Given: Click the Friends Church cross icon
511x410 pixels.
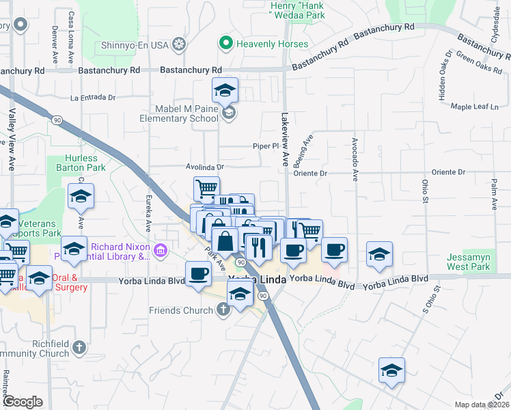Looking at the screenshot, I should tap(223, 310).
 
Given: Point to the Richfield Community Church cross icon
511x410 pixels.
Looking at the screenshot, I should tap(79, 348).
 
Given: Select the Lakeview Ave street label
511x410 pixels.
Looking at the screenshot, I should tap(285, 140).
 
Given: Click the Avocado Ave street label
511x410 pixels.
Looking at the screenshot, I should tap(355, 159).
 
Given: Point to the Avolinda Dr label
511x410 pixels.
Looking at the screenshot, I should tap(205, 166).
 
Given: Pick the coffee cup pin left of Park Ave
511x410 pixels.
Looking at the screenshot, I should tap(199, 274).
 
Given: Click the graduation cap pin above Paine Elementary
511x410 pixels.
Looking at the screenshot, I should tap(225, 89).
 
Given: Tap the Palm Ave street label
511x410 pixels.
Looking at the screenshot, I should tap(493, 193).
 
